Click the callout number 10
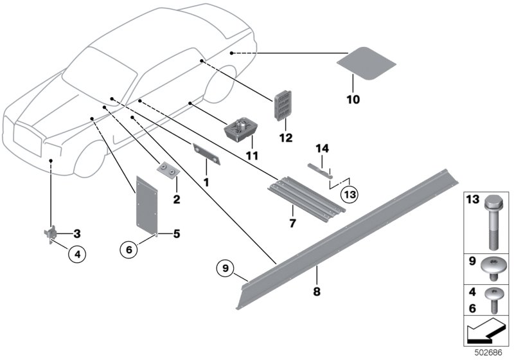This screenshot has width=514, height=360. click(353, 100)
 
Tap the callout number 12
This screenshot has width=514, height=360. click(286, 138)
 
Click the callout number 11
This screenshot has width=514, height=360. click(251, 156)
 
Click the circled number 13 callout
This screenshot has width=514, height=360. click(348, 194)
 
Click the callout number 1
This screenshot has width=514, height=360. click(206, 183)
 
